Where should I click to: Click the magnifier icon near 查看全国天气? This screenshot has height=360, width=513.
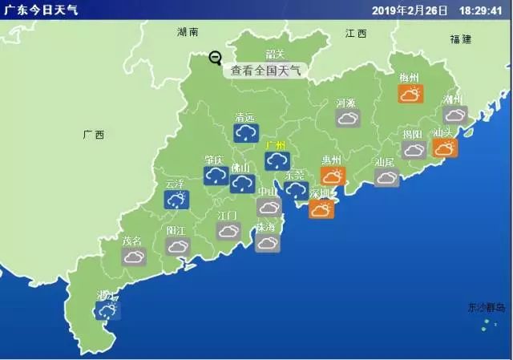[215, 58]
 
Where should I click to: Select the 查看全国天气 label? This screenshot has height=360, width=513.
[265, 70]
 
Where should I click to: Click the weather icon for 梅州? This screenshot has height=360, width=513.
[410, 94]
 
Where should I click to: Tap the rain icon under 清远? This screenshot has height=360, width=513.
[245, 133]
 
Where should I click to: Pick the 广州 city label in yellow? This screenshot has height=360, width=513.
[276, 145]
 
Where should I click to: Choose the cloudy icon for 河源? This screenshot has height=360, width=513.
[348, 119]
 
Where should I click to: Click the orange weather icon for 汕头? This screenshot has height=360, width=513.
[444, 148]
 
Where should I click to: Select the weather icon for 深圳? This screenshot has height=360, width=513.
[321, 208]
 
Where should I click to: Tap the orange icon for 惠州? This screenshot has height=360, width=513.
[333, 176]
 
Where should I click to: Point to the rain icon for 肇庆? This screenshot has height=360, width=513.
[214, 176]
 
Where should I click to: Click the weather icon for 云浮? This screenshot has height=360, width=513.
[176, 199]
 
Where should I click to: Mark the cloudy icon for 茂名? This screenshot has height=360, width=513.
[133, 257]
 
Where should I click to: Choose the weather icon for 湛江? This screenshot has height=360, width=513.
[107, 309]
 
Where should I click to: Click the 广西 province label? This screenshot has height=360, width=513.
[94, 135]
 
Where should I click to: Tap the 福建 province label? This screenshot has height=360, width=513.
[461, 38]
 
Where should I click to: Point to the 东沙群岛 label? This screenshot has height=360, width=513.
[487, 308]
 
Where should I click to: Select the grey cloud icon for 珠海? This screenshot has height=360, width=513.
[267, 242]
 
